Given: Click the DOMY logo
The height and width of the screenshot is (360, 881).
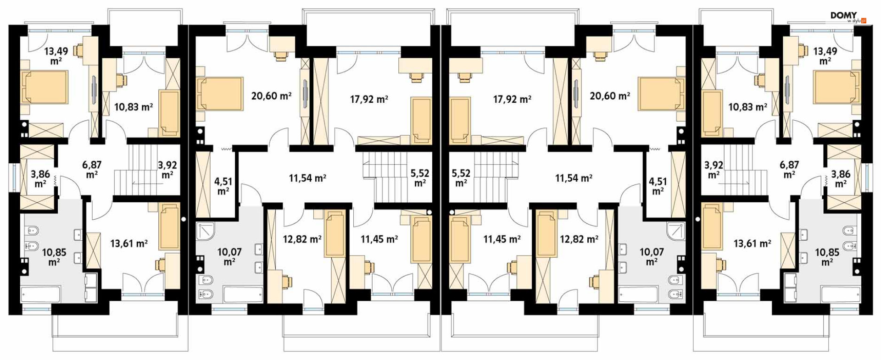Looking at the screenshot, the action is (x=848, y=17).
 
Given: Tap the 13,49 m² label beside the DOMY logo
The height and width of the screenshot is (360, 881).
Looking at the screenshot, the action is (x=825, y=55).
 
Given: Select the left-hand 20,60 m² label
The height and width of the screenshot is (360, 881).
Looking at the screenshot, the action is (x=271, y=96).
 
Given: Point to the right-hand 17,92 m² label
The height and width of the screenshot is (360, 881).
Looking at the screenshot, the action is (x=512, y=99).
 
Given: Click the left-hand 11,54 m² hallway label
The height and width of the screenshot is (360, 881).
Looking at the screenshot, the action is (x=307, y=178).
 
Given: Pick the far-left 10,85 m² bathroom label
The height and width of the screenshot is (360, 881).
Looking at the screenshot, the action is (x=54, y=257).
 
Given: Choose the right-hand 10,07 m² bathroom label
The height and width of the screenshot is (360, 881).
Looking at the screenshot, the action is (x=652, y=256).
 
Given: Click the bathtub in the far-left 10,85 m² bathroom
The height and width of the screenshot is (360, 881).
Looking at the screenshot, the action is (x=41, y=294).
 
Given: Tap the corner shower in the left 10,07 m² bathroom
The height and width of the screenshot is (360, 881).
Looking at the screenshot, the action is (x=206, y=232).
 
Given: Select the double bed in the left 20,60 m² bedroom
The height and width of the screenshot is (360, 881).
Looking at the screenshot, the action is (x=219, y=94).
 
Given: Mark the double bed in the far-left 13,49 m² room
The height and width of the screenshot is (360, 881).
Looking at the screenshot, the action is (x=44, y=87).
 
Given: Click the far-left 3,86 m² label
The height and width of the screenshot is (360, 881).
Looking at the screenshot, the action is (x=40, y=178).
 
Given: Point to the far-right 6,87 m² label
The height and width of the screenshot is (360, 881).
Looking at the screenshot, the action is (x=789, y=169).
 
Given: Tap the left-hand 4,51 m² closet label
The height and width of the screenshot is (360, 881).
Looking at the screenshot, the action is (x=223, y=186).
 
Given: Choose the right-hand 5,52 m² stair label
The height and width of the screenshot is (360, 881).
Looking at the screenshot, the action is (x=461, y=178).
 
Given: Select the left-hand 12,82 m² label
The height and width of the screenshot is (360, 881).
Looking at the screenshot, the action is (x=302, y=239).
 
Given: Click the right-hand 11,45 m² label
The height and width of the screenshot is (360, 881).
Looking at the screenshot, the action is (x=502, y=239).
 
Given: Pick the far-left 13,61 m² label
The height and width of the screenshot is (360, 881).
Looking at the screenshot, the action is (x=129, y=244).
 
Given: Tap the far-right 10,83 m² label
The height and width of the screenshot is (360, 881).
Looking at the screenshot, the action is (x=748, y=107).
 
